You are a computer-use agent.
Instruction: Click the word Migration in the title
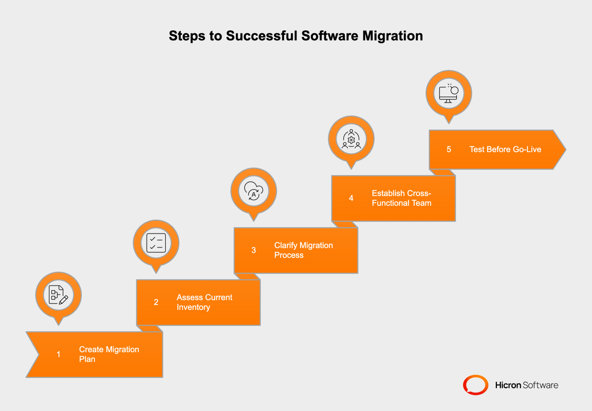[x=392, y=36]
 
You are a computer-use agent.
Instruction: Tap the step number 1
[x=58, y=354]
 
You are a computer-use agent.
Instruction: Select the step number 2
[x=156, y=302]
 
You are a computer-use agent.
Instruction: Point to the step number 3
[x=254, y=250]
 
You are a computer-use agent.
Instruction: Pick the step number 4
[x=351, y=198]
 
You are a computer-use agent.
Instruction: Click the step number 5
[x=449, y=149]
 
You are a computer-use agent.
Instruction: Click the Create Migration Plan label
[x=109, y=354]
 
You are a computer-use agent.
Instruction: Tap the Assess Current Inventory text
[x=204, y=302]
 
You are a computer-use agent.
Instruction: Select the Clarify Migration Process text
[x=303, y=250]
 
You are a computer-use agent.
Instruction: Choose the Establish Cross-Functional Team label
[x=401, y=198]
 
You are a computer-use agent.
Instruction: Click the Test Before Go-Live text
[x=505, y=149]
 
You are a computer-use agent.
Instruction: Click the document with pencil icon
[x=58, y=295]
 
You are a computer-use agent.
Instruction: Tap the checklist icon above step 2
[x=156, y=243]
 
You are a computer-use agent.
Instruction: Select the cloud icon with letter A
[x=254, y=191]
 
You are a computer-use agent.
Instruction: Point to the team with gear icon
[x=351, y=139]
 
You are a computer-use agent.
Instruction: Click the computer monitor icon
[x=449, y=93]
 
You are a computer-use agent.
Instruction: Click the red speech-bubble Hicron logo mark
[x=476, y=385]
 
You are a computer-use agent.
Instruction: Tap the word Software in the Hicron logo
[x=540, y=385]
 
